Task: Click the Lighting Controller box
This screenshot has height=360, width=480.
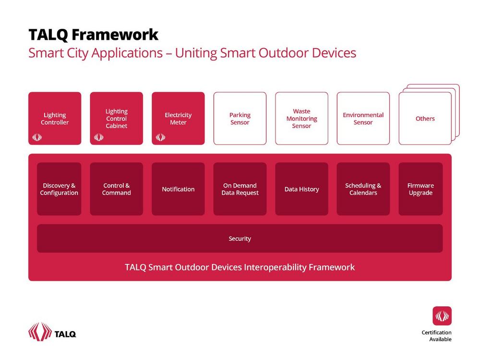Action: coord(55,118)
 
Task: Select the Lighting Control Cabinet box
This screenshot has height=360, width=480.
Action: coord(116,118)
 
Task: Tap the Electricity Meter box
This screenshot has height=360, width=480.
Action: coord(178,118)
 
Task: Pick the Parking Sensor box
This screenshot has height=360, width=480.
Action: coord(240,118)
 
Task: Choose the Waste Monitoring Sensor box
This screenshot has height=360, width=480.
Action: coord(301,118)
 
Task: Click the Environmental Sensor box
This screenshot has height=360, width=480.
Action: coord(363,118)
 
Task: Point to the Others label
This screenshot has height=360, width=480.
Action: coord(425,119)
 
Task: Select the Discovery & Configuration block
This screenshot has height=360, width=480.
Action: coord(59,189)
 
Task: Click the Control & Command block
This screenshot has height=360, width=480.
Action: coord(116,189)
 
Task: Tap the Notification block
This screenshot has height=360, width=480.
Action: coord(178,189)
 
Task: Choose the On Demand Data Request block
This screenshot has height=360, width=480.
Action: coord(240,189)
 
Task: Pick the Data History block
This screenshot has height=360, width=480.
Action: coord(301,189)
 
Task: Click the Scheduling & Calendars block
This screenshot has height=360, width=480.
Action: coord(363,189)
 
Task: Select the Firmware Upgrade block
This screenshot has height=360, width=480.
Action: coord(420,189)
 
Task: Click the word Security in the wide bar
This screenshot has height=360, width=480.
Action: coord(240,239)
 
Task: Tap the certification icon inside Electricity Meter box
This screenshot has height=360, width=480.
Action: coord(160,137)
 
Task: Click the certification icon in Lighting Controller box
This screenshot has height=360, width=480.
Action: coord(37,137)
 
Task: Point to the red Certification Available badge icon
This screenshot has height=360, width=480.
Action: coord(442,316)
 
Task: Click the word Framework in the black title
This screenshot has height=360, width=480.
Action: coord(115,35)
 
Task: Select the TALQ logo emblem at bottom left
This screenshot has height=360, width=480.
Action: coord(40,332)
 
